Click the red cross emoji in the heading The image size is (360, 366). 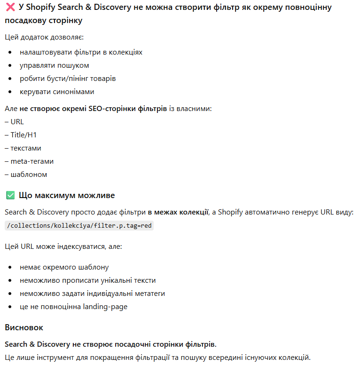click(10, 7)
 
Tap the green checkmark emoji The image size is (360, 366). click(10, 195)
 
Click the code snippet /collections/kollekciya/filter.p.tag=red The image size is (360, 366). click(79, 226)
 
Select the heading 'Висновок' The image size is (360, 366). click(24, 327)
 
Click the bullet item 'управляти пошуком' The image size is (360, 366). click(54, 65)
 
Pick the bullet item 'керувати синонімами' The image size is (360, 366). click(57, 92)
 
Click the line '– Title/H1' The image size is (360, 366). click(21, 135)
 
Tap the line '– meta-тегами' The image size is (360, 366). click(29, 161)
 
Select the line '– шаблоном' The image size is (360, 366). click(26, 175)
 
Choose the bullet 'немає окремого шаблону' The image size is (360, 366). click(64, 267)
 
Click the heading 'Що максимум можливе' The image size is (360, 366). click(67, 195)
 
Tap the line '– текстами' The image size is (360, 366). click(23, 148)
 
